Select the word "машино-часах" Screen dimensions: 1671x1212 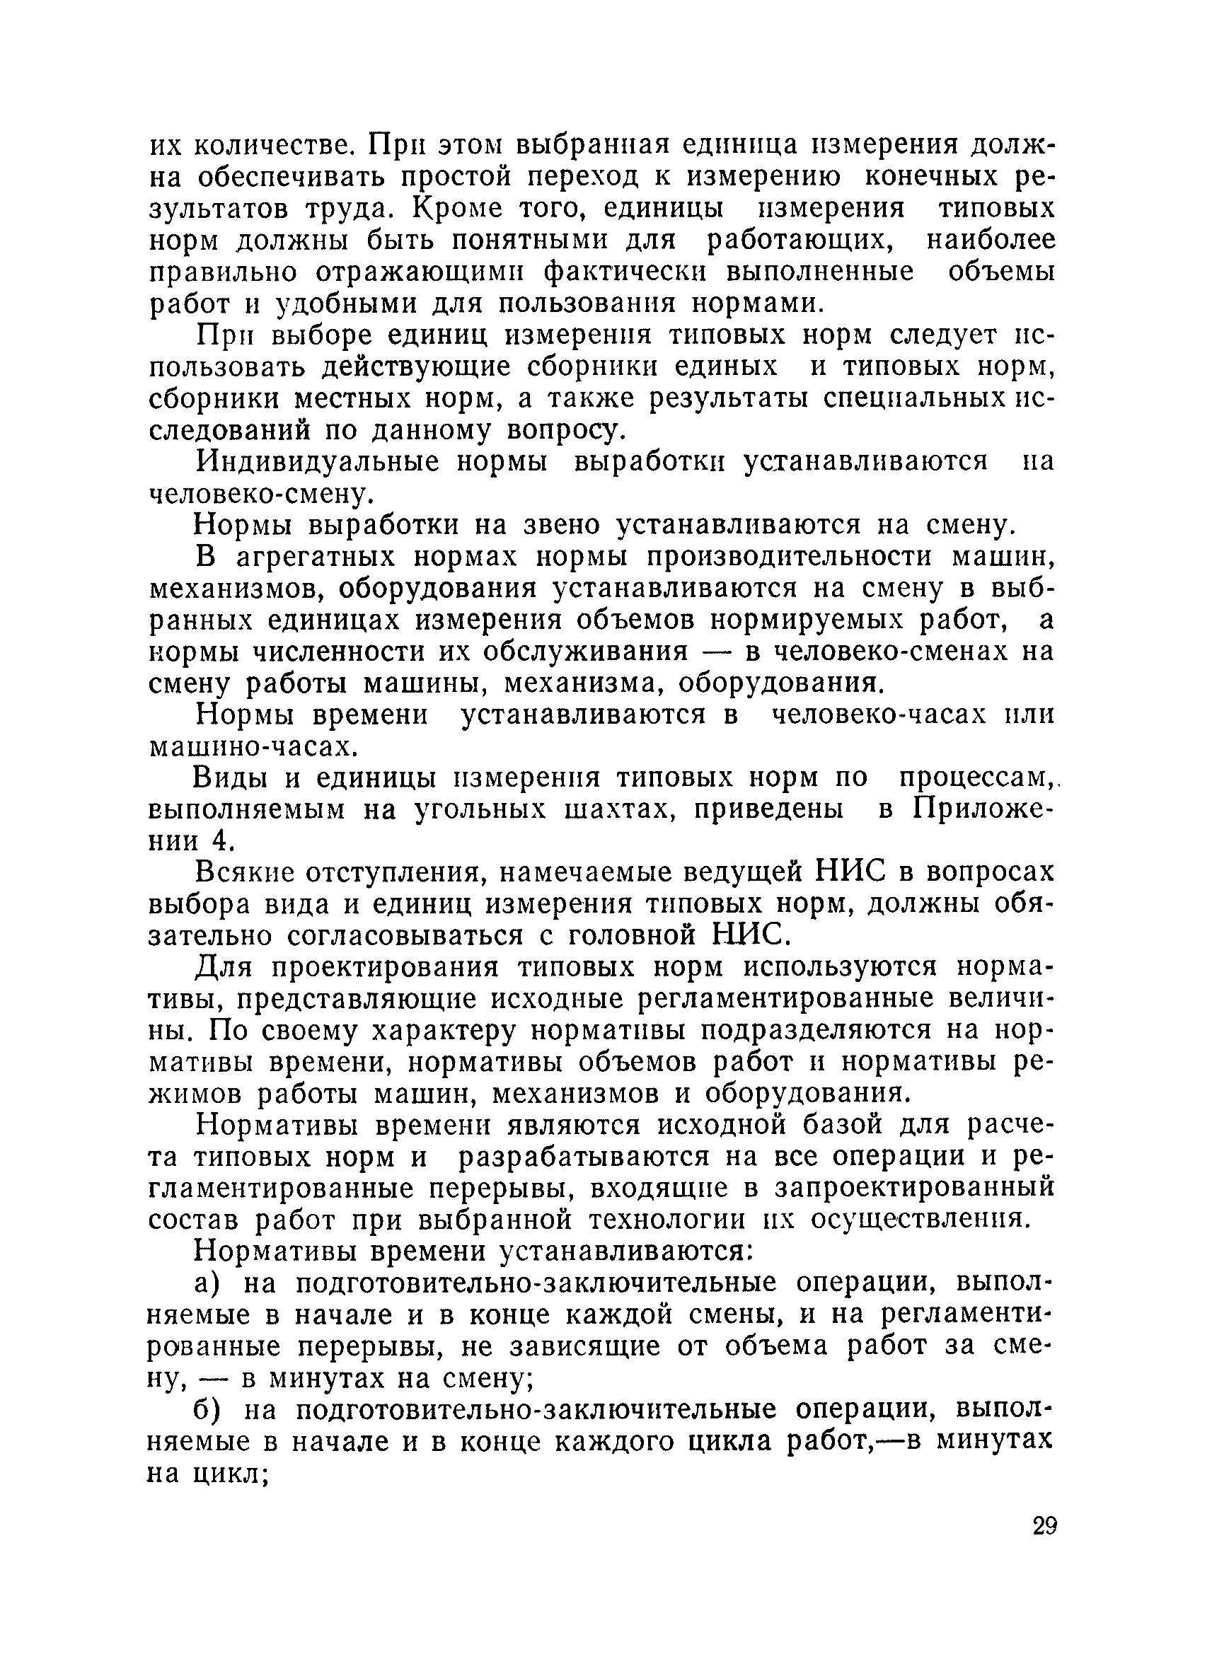pyautogui.click(x=253, y=747)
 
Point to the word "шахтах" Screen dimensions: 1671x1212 pyautogui.click(x=618, y=810)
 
